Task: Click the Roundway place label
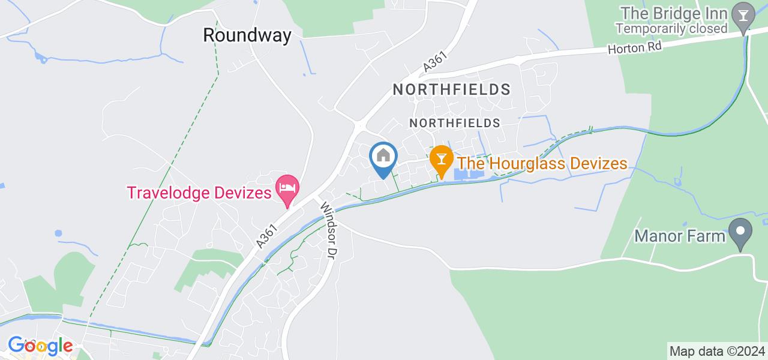point(247,35)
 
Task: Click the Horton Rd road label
point(636,48)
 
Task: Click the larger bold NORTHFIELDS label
point(451,90)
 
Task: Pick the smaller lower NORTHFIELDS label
point(454,123)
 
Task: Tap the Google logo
point(40,346)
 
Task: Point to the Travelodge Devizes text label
point(199,193)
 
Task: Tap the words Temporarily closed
point(671,28)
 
